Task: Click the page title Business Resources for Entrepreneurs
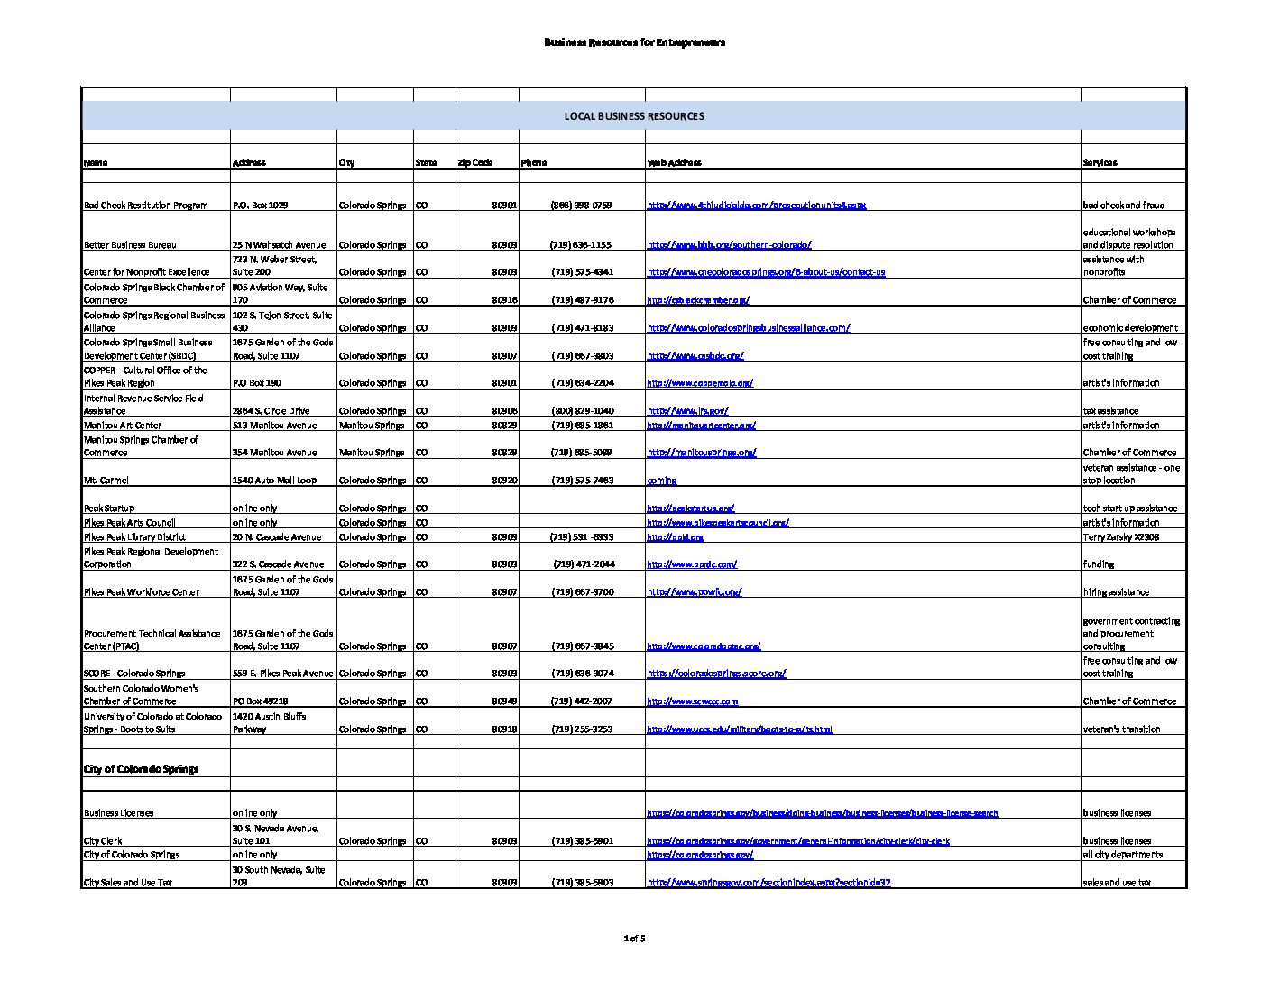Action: click(634, 42)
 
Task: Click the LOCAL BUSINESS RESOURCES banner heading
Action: click(634, 116)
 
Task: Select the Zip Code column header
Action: click(475, 163)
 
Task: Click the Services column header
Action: click(1100, 163)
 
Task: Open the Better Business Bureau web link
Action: click(729, 245)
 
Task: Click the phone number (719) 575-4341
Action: click(582, 272)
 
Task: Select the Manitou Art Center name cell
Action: click(123, 426)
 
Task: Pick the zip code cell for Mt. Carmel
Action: click(504, 481)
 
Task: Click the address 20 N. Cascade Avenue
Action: click(277, 537)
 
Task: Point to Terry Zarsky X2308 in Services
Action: click(1121, 537)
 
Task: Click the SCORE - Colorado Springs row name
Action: click(134, 674)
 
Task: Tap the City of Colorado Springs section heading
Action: click(141, 769)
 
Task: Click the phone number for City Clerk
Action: click(582, 841)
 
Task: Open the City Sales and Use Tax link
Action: click(768, 883)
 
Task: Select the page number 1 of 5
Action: click(634, 939)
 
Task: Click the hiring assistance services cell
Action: click(1116, 592)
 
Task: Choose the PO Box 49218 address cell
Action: click(260, 701)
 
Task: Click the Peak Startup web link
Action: click(690, 509)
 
